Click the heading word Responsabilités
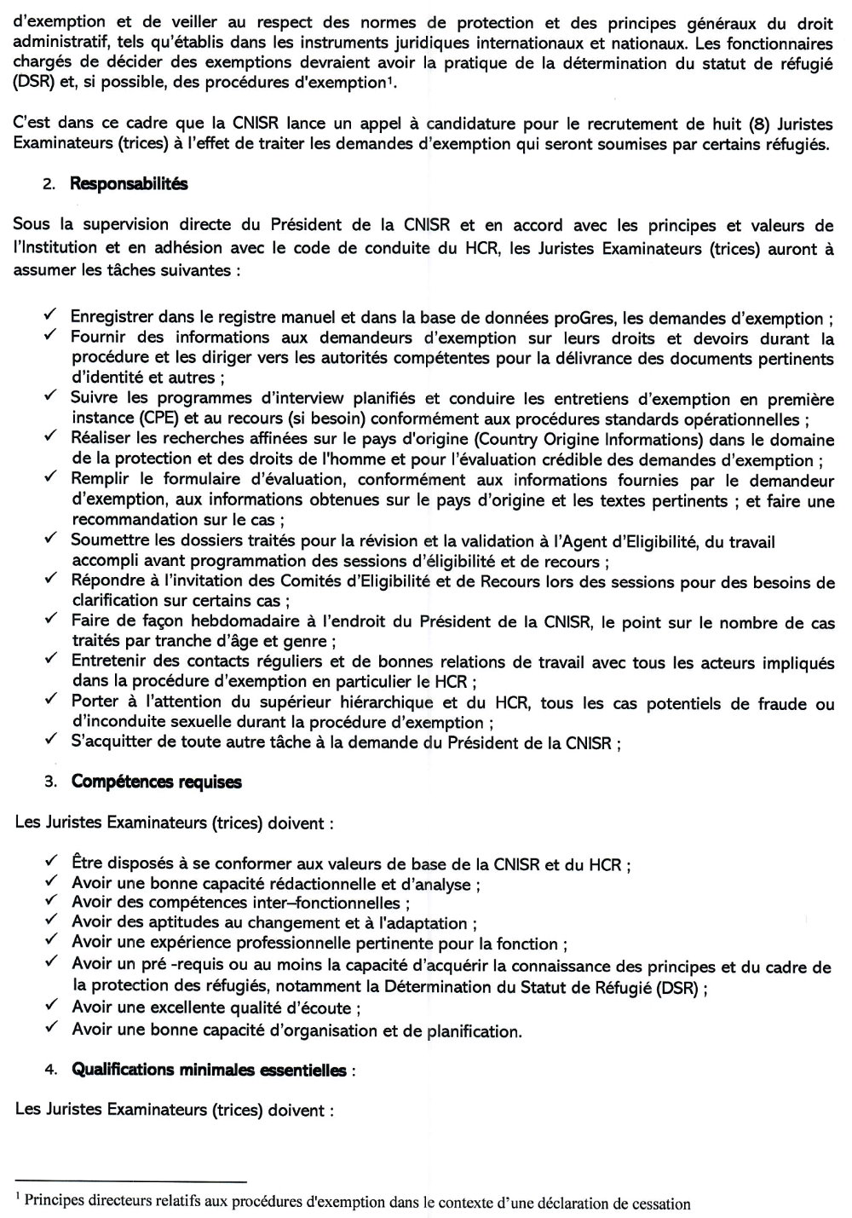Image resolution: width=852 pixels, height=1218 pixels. [x=129, y=183]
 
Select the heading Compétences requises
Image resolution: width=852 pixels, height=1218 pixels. [x=157, y=782]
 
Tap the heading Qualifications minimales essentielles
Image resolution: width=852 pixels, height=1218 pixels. [x=210, y=1070]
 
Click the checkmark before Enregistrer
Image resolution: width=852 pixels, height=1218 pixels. [x=51, y=316]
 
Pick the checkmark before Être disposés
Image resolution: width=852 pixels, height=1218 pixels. [x=51, y=862]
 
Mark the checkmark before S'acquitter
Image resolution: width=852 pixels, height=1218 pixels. [x=51, y=740]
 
